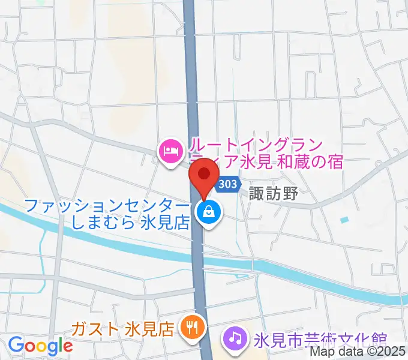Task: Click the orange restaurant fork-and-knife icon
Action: (x=193, y=328)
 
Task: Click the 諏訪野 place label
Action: (x=274, y=194)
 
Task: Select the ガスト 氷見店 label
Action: (x=122, y=329)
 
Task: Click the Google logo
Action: (x=40, y=346)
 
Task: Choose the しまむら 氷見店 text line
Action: (x=130, y=223)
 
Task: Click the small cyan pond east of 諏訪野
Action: (x=344, y=220)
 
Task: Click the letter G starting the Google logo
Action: (x=16, y=346)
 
